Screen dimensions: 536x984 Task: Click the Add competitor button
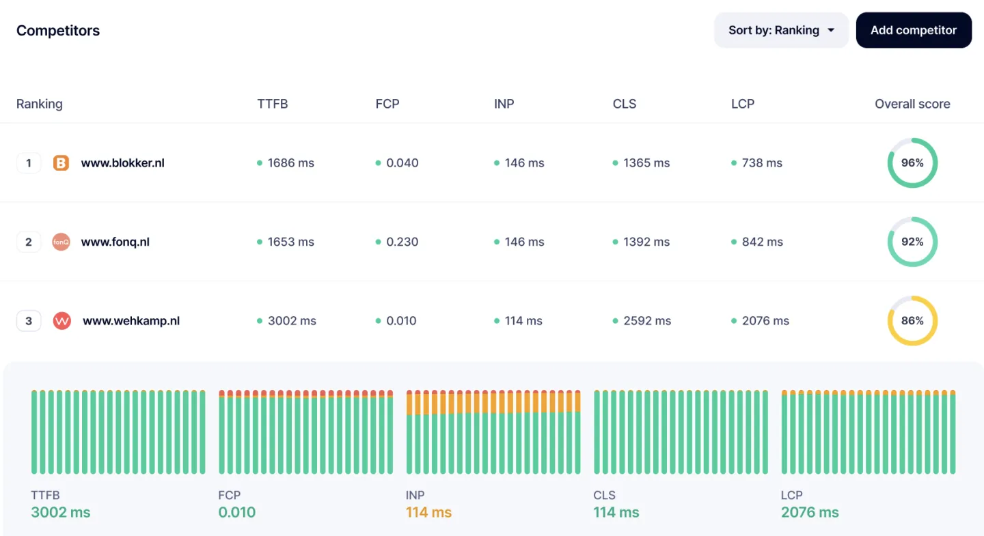913,30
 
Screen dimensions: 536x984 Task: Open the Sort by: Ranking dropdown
781,30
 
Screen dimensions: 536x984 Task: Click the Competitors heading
58,31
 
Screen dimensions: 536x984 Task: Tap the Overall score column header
912,104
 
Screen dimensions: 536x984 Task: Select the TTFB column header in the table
272,104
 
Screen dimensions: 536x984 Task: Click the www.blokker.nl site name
122,163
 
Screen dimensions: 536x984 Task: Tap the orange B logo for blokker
61,163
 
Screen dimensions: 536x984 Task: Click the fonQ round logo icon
61,242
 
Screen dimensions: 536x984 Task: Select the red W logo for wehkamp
62,321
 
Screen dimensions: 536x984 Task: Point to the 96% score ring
912,163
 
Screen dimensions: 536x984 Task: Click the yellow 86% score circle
912,321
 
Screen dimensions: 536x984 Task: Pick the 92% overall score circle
912,242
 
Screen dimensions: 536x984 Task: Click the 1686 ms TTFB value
290,163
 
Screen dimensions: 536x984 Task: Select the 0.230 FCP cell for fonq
402,242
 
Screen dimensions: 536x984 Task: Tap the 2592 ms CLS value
646,321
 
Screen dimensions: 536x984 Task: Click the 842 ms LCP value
762,242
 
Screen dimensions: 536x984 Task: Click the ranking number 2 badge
29,242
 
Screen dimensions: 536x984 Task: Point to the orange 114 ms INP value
428,513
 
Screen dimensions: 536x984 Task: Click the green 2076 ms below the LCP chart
810,513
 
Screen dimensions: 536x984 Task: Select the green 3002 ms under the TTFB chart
61,513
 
